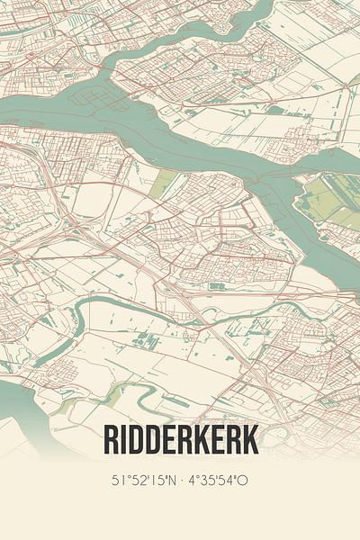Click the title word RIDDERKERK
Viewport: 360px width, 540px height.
click(x=180, y=440)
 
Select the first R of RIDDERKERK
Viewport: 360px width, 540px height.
click(x=112, y=440)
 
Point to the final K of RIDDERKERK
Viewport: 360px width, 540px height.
click(x=249, y=440)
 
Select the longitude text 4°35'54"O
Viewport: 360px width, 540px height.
click(x=217, y=481)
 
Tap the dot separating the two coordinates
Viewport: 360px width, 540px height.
click(x=180, y=481)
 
